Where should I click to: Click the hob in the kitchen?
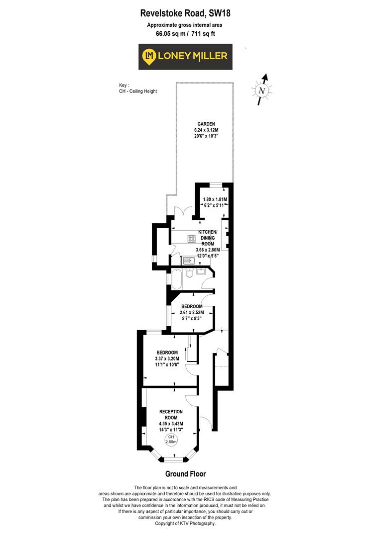pyautogui.click(x=191, y=239)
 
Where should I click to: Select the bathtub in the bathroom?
pyautogui.click(x=177, y=279)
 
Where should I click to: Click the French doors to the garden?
pyautogui.click(x=182, y=212)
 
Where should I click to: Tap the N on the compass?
pyautogui.click(x=262, y=91)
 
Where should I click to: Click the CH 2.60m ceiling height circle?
pyautogui.click(x=171, y=440)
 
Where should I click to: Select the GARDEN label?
pyautogui.click(x=206, y=124)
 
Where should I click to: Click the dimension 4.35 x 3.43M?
pyautogui.click(x=171, y=424)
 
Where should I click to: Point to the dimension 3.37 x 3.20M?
pyautogui.click(x=167, y=358)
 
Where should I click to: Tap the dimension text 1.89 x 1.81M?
pyautogui.click(x=215, y=199)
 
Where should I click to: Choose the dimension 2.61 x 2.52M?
pyautogui.click(x=192, y=312)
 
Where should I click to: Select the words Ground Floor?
pyautogui.click(x=186, y=474)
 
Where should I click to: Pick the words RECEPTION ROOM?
pyautogui.click(x=171, y=415)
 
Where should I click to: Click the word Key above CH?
pyautogui.click(x=123, y=86)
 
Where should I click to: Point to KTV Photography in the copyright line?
pyautogui.click(x=199, y=524)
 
